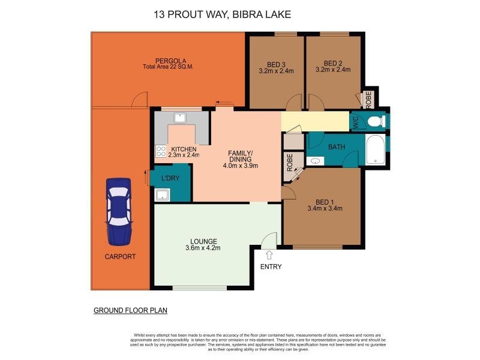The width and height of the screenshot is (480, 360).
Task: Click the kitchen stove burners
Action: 161,152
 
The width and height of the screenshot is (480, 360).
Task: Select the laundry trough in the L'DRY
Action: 161,194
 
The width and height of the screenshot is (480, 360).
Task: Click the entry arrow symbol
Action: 268,255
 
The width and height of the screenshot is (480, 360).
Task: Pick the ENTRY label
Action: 271,267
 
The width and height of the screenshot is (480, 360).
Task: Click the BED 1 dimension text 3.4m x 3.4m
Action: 324,209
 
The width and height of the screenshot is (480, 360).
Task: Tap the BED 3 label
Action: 276,63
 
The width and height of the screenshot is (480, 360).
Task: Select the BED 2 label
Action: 333,63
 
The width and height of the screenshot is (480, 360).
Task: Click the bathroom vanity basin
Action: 316,161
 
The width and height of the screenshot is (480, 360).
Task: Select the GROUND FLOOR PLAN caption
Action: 130,310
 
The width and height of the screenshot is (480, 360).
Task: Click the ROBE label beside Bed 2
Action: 368,98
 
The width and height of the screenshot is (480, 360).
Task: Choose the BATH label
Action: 336,146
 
